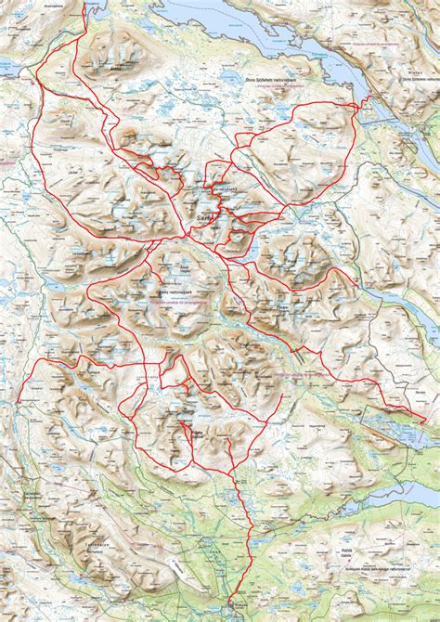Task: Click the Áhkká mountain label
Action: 115,67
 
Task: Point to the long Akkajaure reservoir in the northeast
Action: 316,42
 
